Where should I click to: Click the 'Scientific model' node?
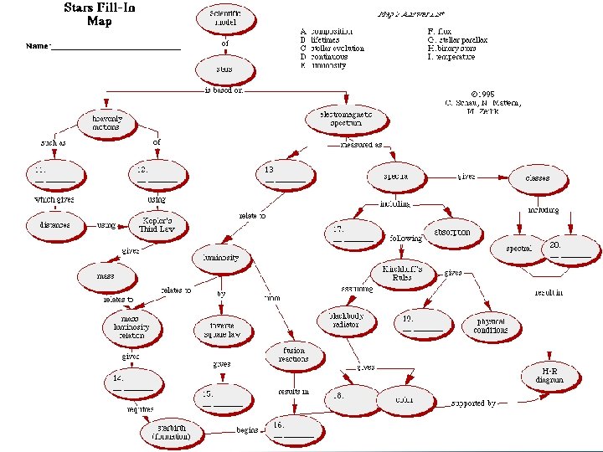pos(225,18)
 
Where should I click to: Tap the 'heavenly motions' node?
pos(106,123)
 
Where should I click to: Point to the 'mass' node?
pos(106,275)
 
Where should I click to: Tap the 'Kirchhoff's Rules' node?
pos(404,274)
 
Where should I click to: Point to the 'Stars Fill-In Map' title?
pos(100,15)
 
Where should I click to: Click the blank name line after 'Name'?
pos(116,48)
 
